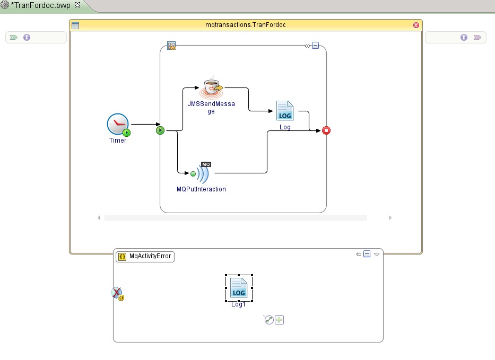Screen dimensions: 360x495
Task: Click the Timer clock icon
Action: pos(117,124)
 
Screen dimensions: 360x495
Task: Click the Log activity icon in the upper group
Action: pos(285,111)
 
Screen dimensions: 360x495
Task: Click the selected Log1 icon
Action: pos(239,288)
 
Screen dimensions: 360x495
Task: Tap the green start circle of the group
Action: pos(160,130)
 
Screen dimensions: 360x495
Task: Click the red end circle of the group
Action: pos(326,130)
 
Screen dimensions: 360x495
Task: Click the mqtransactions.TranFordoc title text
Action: pos(246,25)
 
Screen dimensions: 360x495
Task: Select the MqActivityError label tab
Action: pos(145,256)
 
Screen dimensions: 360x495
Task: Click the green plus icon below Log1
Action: pos(280,320)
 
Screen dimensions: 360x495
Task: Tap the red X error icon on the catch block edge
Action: pos(117,293)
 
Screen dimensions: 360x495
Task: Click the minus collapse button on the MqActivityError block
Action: pos(367,254)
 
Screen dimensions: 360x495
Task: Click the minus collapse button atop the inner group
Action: pos(316,46)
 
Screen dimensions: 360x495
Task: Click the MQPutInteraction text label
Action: pos(201,189)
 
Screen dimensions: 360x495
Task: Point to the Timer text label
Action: pos(118,141)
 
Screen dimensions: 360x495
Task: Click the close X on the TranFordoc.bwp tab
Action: pos(77,5)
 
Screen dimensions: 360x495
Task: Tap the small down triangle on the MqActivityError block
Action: pos(377,254)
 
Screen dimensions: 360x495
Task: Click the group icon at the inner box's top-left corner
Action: pos(171,46)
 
